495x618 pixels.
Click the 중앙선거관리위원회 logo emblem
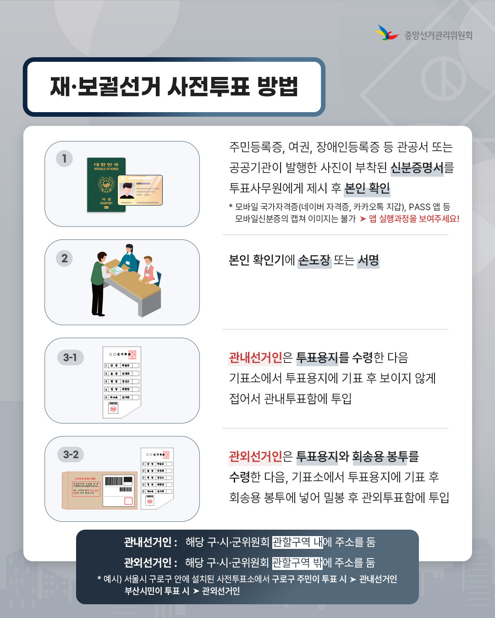387,33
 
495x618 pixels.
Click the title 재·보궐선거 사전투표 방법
174,87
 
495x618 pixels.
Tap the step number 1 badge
64,158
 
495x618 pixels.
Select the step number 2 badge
64,258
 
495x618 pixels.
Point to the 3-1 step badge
70,357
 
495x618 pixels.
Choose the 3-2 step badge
71,455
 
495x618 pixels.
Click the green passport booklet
105,185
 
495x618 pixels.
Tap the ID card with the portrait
140,190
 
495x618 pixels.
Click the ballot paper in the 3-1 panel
121,382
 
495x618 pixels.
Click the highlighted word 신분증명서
417,168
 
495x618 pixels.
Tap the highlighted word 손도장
314,260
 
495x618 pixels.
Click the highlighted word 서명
368,260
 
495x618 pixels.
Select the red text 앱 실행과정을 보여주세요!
413,219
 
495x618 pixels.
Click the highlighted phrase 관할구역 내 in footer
297,542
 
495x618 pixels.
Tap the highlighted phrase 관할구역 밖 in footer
297,562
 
